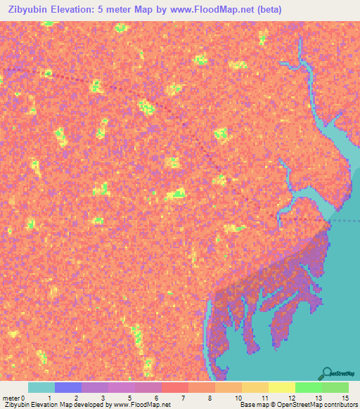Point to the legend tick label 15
[344, 397]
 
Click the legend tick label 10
[238, 397]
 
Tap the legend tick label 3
[104, 397]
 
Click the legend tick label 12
[292, 397]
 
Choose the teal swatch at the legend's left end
[41, 387]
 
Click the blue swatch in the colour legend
[68, 387]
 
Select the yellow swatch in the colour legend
[281, 387]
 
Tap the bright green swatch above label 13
[308, 387]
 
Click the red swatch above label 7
[174, 387]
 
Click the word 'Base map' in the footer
[252, 405]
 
